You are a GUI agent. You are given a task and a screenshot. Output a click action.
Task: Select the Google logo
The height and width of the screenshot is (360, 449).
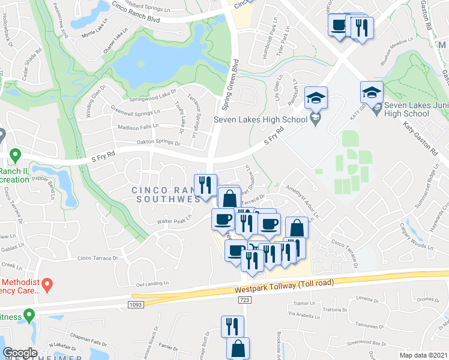(20, 353)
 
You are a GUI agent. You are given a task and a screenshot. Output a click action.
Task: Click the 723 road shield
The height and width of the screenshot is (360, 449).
(244, 299)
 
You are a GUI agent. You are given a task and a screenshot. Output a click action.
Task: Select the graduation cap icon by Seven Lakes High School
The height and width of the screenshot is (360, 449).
(316, 98)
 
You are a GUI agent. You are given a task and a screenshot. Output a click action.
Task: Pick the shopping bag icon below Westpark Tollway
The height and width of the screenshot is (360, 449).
(238, 349)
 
